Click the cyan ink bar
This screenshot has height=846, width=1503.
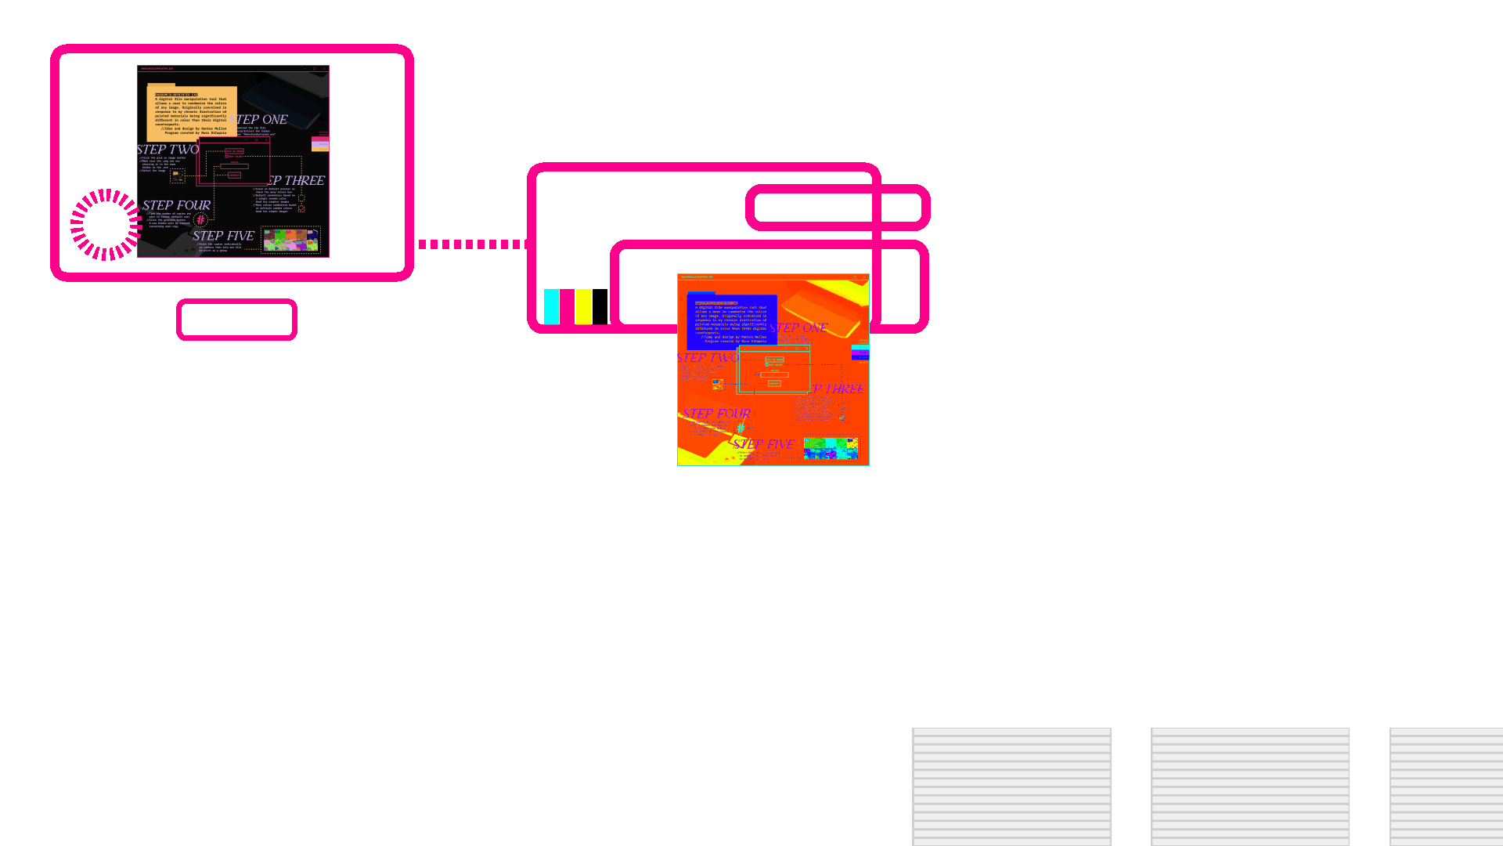point(551,306)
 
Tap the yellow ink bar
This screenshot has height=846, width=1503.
point(583,306)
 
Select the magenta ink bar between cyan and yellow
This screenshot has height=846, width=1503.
point(568,306)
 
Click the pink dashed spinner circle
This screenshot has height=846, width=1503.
point(106,224)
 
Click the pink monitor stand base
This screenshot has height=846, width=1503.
point(236,320)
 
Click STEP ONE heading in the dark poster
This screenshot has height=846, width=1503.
point(262,120)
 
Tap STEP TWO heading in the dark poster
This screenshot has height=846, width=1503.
point(168,150)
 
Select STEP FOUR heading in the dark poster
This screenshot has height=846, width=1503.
point(176,205)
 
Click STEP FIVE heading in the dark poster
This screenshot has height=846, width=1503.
point(223,236)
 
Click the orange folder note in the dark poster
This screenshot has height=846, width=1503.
point(191,113)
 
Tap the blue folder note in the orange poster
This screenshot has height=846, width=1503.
point(731,321)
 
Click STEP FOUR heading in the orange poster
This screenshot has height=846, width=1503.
point(716,414)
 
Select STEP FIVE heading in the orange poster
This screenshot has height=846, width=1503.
point(763,444)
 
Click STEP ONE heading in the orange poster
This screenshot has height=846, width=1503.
point(800,328)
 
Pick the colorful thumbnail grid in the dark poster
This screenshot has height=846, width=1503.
point(290,240)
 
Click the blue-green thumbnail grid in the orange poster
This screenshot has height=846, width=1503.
point(831,448)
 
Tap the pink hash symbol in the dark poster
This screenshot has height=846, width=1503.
point(200,220)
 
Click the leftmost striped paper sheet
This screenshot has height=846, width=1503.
point(1011,786)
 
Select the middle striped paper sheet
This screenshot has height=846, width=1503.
point(1249,786)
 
